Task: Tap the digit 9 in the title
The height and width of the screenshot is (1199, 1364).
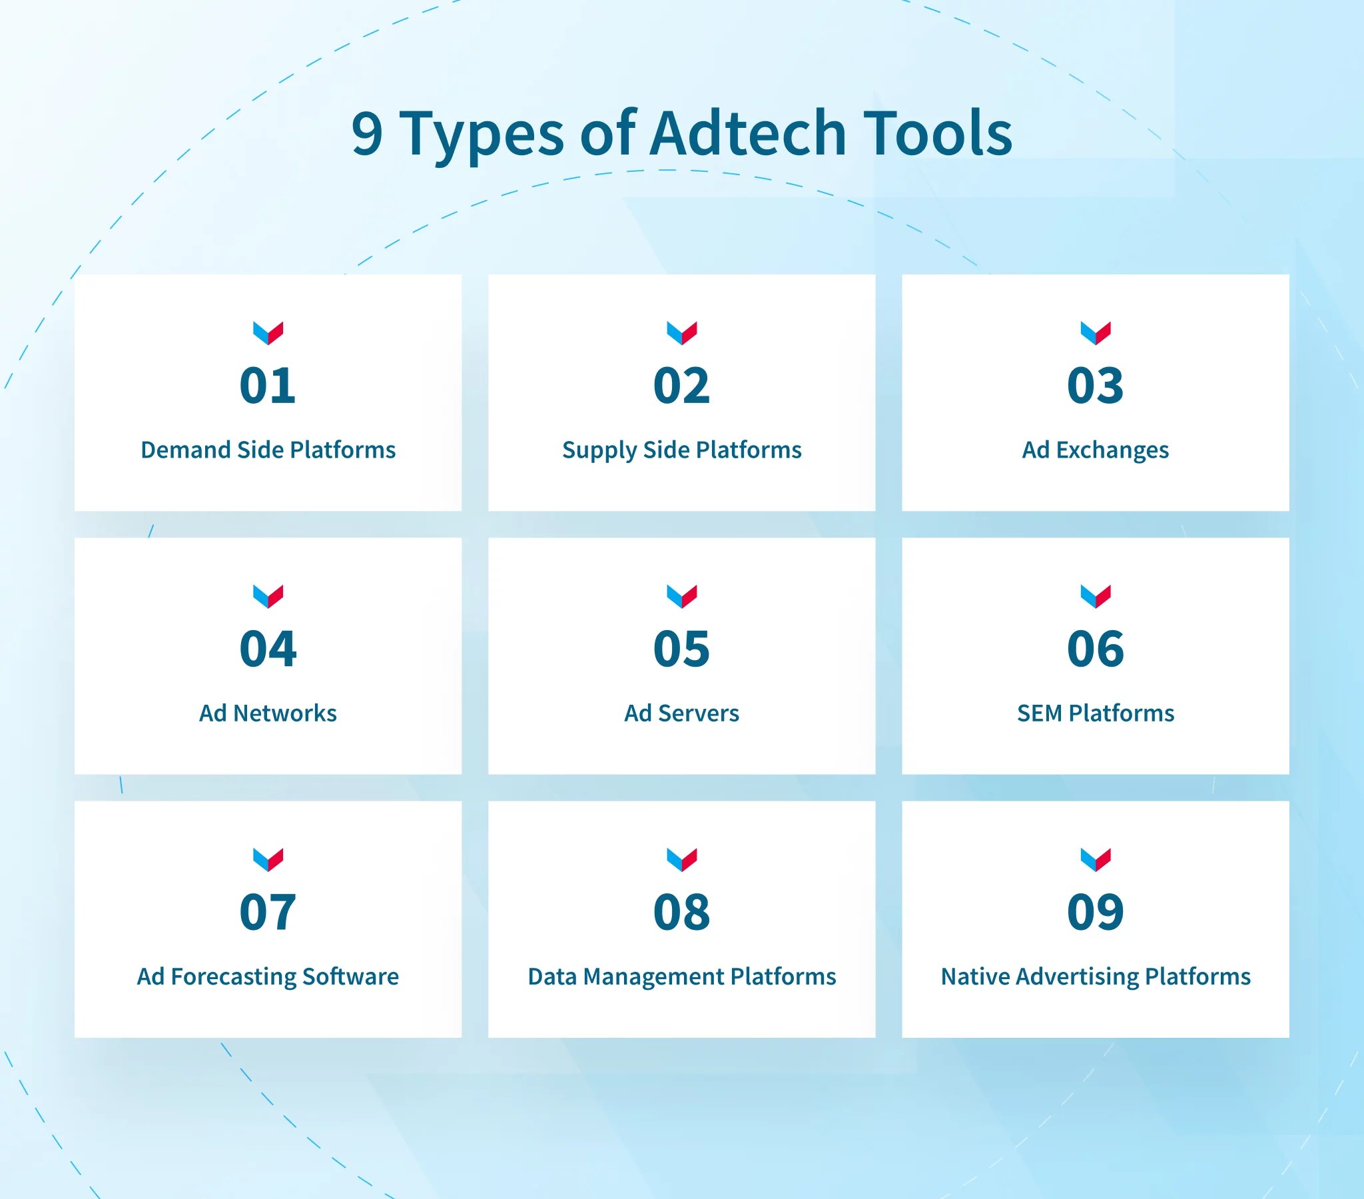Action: click(x=367, y=135)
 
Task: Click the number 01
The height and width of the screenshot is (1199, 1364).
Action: click(x=268, y=386)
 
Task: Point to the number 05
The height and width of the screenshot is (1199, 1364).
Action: click(x=681, y=649)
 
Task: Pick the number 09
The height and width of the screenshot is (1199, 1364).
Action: click(x=1095, y=912)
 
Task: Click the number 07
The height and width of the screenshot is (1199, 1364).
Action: click(x=268, y=912)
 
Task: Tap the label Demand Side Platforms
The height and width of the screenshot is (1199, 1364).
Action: click(x=268, y=450)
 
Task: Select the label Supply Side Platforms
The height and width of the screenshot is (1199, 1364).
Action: click(x=681, y=451)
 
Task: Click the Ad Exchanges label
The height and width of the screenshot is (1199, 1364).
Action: click(x=1095, y=451)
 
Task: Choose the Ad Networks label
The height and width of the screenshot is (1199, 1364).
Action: click(x=268, y=713)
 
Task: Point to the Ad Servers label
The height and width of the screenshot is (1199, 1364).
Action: click(x=681, y=713)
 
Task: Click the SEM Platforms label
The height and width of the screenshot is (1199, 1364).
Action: click(x=1095, y=713)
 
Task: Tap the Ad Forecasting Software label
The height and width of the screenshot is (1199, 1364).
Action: click(x=268, y=977)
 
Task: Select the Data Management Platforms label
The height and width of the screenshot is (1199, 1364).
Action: click(x=681, y=977)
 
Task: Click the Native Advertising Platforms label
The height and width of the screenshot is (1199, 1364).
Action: click(x=1095, y=977)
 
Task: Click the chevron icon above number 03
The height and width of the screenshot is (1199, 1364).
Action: click(x=1095, y=332)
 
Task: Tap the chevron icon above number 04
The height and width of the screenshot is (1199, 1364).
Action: click(x=268, y=596)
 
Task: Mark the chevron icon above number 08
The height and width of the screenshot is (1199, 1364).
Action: click(x=681, y=859)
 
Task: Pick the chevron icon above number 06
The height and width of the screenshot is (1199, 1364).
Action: click(x=1095, y=596)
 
